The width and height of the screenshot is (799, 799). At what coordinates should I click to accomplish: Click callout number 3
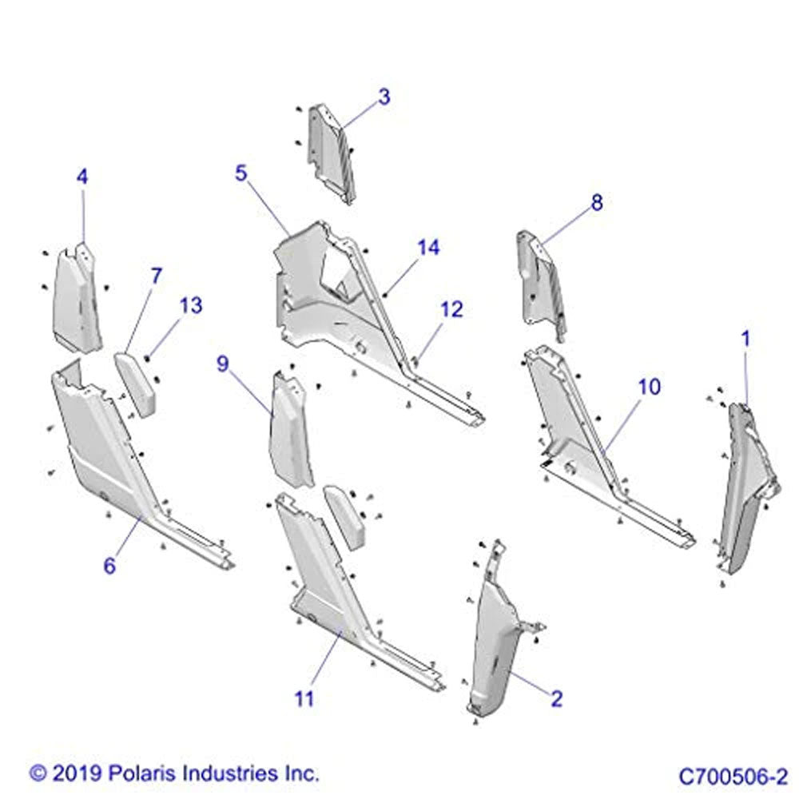pyautogui.click(x=385, y=97)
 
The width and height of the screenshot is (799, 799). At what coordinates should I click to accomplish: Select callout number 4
pyautogui.click(x=82, y=177)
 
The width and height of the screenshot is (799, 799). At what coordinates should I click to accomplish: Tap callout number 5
pyautogui.click(x=240, y=173)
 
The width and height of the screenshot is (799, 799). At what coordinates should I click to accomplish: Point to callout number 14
pyautogui.click(x=428, y=248)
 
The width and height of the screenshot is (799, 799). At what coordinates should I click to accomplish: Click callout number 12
pyautogui.click(x=451, y=309)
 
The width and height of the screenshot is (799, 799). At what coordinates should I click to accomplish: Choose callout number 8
pyautogui.click(x=597, y=202)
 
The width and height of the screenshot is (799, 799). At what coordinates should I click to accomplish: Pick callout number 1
pyautogui.click(x=745, y=339)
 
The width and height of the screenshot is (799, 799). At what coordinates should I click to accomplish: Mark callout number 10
pyautogui.click(x=649, y=387)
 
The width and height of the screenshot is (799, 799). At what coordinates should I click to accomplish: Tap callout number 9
pyautogui.click(x=223, y=364)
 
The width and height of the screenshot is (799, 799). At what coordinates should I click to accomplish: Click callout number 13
pyautogui.click(x=191, y=306)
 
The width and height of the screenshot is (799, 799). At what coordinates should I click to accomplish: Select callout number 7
pyautogui.click(x=156, y=276)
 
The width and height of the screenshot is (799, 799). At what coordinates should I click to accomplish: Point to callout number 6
pyautogui.click(x=109, y=565)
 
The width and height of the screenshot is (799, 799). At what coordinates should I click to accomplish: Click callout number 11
pyautogui.click(x=304, y=698)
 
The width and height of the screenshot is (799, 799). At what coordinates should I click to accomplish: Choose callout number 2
pyautogui.click(x=556, y=698)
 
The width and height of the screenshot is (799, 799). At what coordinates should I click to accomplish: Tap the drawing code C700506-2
pyautogui.click(x=733, y=777)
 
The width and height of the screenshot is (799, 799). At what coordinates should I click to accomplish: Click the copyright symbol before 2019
pyautogui.click(x=38, y=774)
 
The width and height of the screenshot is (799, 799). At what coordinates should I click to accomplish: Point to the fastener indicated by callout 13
pyautogui.click(x=147, y=360)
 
